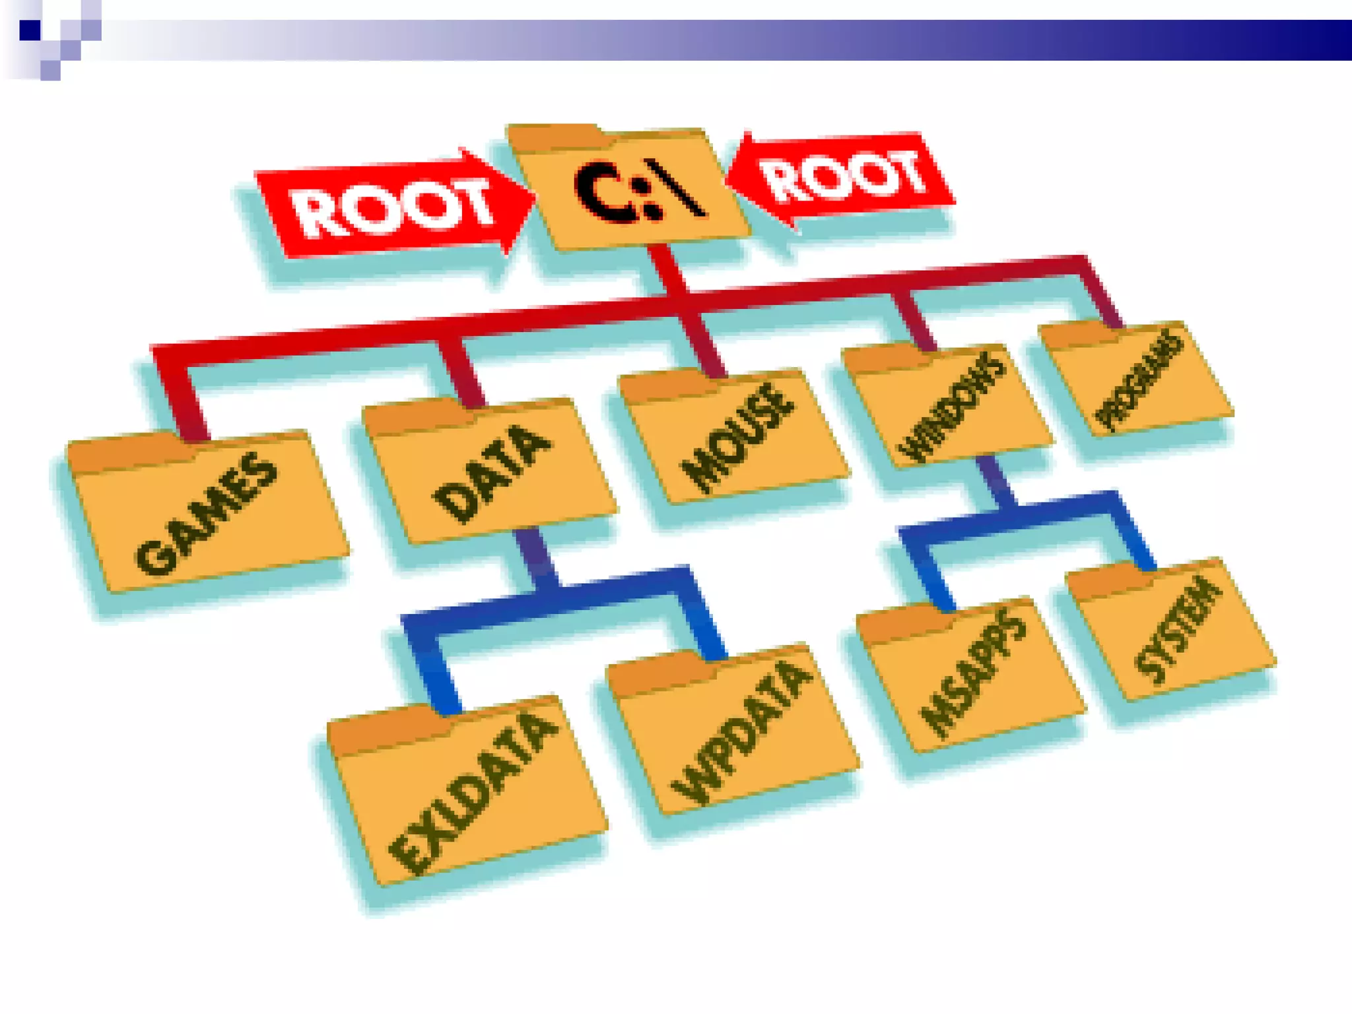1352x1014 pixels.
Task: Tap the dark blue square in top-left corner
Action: pos(30,30)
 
